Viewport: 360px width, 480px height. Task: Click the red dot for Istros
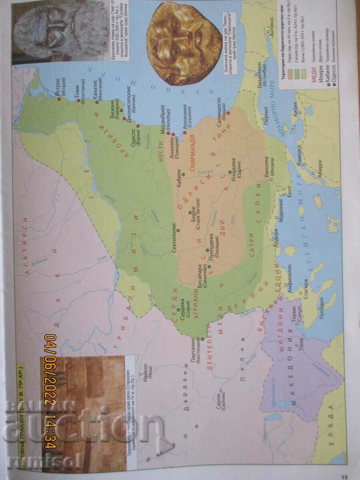(x=60, y=98)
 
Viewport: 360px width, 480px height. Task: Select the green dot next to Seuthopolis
(x=178, y=230)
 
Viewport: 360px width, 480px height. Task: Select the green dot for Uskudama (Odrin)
(x=230, y=172)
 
